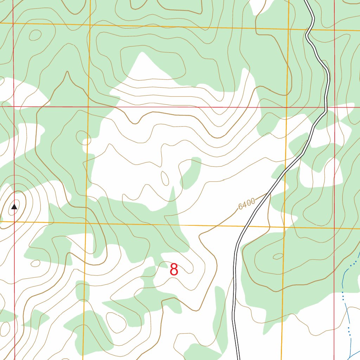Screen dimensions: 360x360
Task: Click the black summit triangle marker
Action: [14, 207]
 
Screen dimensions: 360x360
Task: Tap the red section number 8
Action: [174, 270]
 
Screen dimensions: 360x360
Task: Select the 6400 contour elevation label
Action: [246, 204]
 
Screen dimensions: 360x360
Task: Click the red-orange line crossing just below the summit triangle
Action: [14, 221]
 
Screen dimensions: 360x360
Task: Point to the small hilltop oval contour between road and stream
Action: [278, 256]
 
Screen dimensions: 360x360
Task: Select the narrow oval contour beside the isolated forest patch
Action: [164, 178]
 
